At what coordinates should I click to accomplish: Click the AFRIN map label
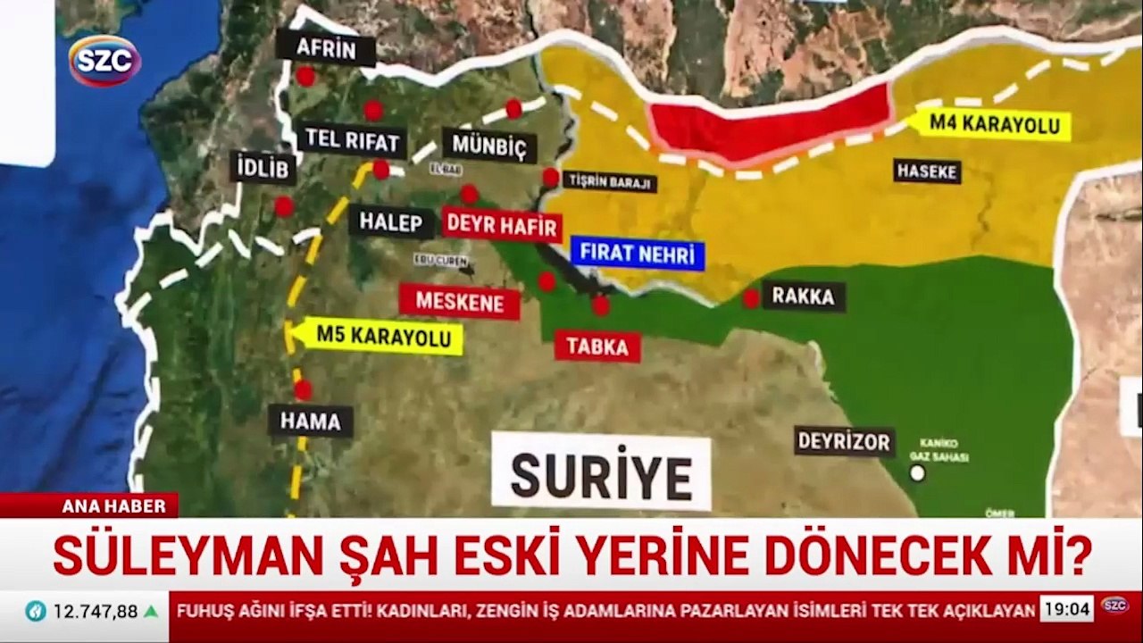325,48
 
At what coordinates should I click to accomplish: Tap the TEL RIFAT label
352,139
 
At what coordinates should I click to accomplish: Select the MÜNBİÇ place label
489,146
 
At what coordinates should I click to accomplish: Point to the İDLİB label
263,168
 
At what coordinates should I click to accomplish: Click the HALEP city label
391,221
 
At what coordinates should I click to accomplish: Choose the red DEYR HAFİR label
501,225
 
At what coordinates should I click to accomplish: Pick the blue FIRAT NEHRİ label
637,254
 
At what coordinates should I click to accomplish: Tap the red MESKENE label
459,302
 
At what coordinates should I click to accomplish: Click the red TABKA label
597,347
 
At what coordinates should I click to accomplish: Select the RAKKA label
804,296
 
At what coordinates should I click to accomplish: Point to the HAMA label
311,421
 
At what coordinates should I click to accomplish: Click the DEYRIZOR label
844,440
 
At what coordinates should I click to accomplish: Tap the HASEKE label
927,171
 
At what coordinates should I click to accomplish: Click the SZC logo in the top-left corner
104,61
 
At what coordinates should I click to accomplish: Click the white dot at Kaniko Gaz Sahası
917,473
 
